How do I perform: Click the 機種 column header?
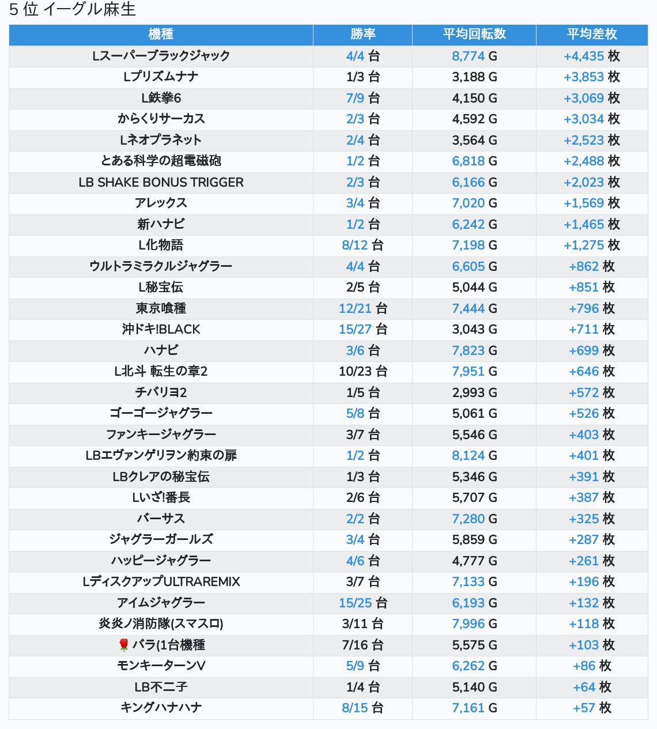pyautogui.click(x=161, y=35)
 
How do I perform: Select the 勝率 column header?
pyautogui.click(x=363, y=35)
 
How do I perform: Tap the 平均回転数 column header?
pyautogui.click(x=474, y=35)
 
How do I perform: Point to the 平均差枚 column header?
pyautogui.click(x=592, y=35)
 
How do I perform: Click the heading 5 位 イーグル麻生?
pyautogui.click(x=72, y=10)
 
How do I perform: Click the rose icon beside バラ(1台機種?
pyautogui.click(x=123, y=645)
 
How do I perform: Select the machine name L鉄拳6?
pyautogui.click(x=161, y=98)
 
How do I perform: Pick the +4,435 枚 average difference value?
pyautogui.click(x=592, y=56)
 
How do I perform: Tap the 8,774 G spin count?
pyautogui.click(x=474, y=56)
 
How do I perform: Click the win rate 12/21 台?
pyautogui.click(x=363, y=308)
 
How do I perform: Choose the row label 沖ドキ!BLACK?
pyautogui.click(x=161, y=330)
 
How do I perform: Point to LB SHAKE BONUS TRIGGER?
pyautogui.click(x=161, y=182)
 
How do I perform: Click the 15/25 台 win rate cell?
pyautogui.click(x=363, y=603)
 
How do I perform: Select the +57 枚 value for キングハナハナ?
pyautogui.click(x=592, y=708)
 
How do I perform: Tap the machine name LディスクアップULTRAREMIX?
pyautogui.click(x=161, y=581)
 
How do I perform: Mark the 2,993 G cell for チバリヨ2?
pyautogui.click(x=474, y=392)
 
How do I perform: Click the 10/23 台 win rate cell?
pyautogui.click(x=363, y=371)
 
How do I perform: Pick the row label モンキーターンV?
pyautogui.click(x=161, y=666)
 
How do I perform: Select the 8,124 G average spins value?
pyautogui.click(x=474, y=455)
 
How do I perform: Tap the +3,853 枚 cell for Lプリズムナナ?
pyautogui.click(x=592, y=77)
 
